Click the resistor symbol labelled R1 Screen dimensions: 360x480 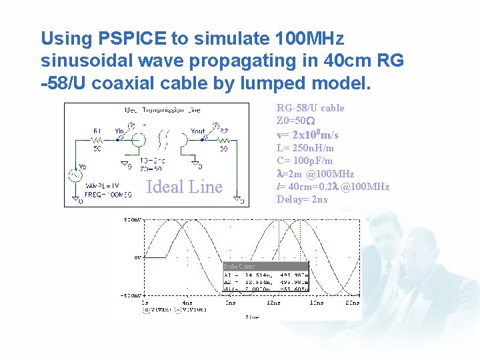click(x=98, y=140)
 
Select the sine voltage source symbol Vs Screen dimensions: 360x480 click(x=75, y=176)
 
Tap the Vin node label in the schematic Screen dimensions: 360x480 click(x=120, y=131)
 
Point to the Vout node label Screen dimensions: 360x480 click(x=198, y=131)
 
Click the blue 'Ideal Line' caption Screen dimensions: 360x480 click(x=184, y=187)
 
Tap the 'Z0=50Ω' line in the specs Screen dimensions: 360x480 click(x=291, y=121)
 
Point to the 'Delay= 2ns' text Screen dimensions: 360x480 click(x=302, y=199)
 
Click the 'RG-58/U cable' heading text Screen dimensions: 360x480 click(x=310, y=108)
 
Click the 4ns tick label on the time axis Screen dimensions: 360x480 click(x=189, y=303)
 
